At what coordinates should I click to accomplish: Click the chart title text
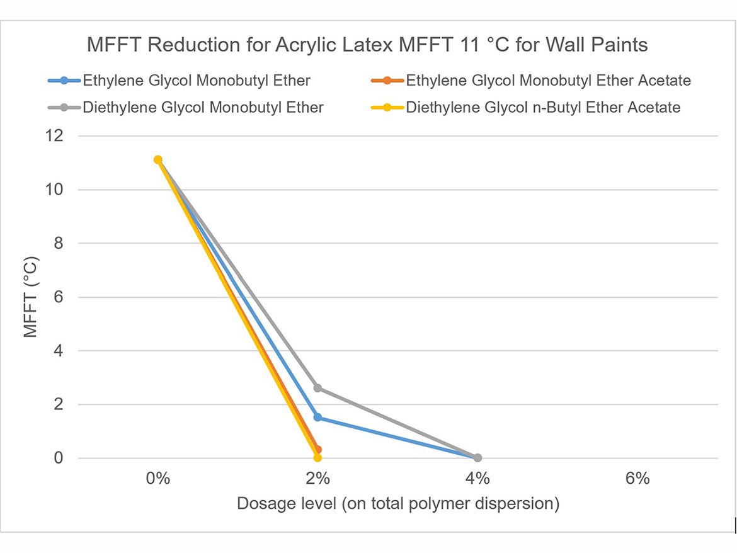[x=367, y=45]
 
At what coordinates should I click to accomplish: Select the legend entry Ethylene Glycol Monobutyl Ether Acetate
[x=548, y=81]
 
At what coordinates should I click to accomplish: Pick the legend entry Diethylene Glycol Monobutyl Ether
[x=203, y=107]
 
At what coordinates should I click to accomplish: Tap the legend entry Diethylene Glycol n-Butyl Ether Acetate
[x=543, y=107]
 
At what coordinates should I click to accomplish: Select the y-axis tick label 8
[x=59, y=243]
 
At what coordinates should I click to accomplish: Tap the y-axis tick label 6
[x=59, y=297]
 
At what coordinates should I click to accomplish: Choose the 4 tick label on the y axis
[x=59, y=351]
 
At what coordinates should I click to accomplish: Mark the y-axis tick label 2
[x=59, y=404]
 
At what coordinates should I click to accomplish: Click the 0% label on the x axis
[x=158, y=479]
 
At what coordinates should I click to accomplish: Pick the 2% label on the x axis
[x=317, y=479]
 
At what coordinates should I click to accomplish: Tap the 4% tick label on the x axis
[x=477, y=479]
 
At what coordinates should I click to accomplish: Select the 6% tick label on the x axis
[x=637, y=479]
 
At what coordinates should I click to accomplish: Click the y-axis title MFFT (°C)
[x=31, y=297]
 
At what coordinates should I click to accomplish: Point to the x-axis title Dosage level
[x=397, y=504]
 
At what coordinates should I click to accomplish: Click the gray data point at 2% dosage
[x=317, y=388]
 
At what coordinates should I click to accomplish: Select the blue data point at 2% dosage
[x=317, y=417]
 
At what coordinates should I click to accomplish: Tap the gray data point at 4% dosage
[x=477, y=458]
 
